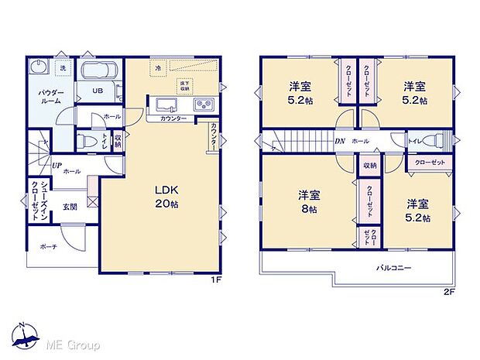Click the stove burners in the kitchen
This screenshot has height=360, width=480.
coord(204,105)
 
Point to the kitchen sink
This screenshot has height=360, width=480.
coord(166,105)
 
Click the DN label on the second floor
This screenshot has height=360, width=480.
coord(339,142)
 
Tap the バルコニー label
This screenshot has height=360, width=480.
coord(394,268)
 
